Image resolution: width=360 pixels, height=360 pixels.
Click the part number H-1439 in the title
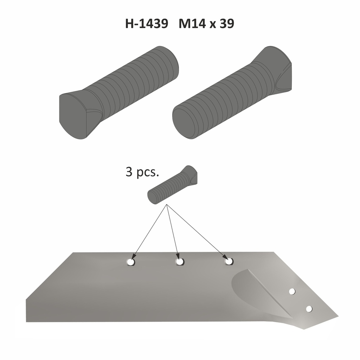pos(146,24)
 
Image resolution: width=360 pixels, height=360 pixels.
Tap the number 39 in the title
pos(227,24)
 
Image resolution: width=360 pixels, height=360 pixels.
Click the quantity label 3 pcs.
pos(142,173)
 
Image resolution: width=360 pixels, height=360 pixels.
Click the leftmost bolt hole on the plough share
pos(131,262)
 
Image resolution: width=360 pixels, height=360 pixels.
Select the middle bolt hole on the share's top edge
pos(180,262)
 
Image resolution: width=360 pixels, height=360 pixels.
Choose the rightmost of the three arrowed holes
pos(229,261)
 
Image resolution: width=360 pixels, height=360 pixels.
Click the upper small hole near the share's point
pos(292,291)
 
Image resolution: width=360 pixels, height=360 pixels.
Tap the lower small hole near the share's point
pos(309,309)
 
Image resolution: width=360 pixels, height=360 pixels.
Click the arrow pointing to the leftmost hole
pos(149,232)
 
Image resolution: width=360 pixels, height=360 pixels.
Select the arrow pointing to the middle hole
pos(173,232)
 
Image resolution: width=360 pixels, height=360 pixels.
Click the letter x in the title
pos(211,25)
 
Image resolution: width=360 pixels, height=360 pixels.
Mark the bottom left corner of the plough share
pos(27,321)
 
